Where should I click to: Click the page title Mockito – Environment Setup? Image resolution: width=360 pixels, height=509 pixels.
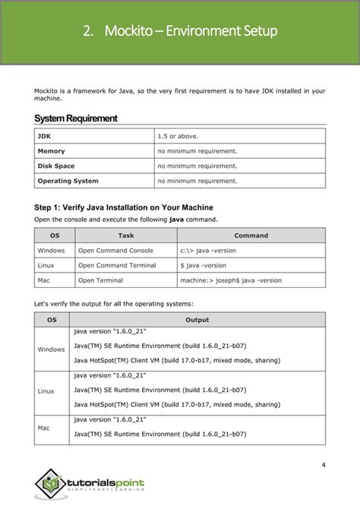pyautogui.click(x=179, y=31)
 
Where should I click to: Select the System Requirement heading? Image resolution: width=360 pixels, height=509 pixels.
pyautogui.click(x=76, y=119)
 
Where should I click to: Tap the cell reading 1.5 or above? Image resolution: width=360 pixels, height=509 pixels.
pyautogui.click(x=178, y=136)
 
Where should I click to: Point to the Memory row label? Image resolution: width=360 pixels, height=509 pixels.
pyautogui.click(x=52, y=151)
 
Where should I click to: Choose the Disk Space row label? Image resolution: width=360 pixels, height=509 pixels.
pyautogui.click(x=56, y=166)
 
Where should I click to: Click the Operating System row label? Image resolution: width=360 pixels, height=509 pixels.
pyautogui.click(x=67, y=181)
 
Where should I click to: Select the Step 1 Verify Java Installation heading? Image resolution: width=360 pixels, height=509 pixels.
pyautogui.click(x=124, y=207)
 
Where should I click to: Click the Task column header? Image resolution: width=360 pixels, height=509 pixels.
pyautogui.click(x=126, y=236)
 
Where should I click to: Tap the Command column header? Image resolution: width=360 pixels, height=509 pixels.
pyautogui.click(x=251, y=236)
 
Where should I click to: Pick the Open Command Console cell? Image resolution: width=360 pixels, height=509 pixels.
pyautogui.click(x=115, y=250)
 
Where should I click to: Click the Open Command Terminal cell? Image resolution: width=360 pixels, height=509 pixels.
pyautogui.click(x=117, y=265)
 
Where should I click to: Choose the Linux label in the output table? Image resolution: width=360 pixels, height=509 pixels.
pyautogui.click(x=46, y=390)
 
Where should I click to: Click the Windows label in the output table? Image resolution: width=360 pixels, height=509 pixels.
pyautogui.click(x=51, y=349)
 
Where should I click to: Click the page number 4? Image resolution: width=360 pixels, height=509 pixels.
pyautogui.click(x=324, y=465)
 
